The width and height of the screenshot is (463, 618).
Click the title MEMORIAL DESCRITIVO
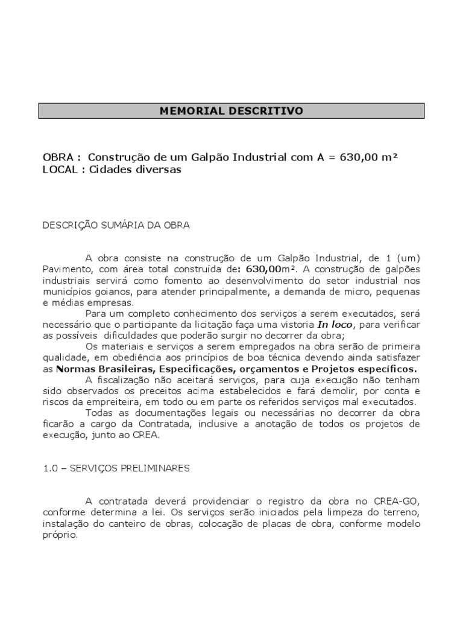click(231, 111)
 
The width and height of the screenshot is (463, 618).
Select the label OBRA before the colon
click(57, 158)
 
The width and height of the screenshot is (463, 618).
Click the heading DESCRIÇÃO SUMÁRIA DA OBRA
click(116, 225)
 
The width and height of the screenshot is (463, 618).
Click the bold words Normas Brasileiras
click(104, 369)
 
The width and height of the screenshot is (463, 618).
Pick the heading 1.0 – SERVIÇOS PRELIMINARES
click(116, 468)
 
